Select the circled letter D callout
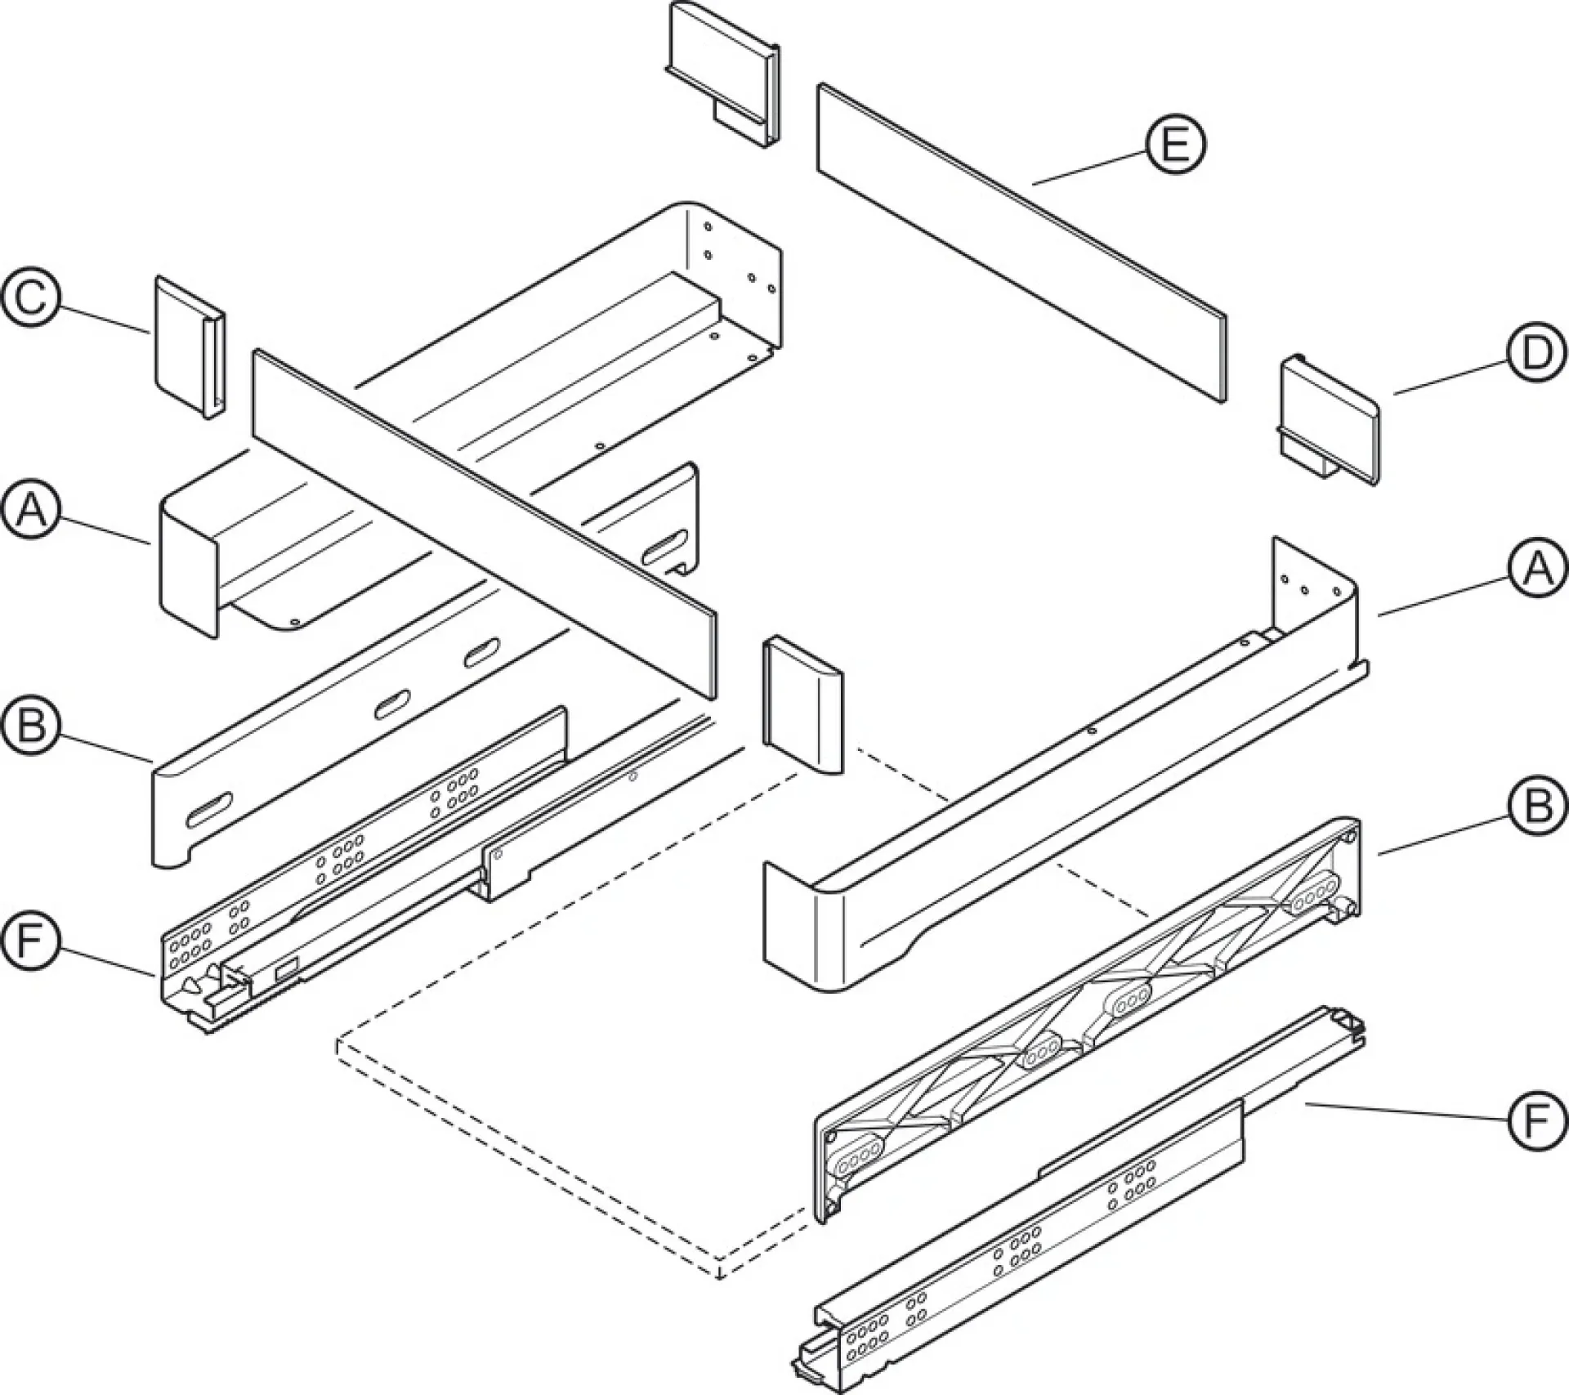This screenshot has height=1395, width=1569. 1536,354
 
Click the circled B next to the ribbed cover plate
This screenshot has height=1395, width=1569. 1536,807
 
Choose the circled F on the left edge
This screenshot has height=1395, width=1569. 32,942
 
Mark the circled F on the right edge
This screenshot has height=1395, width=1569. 1536,1120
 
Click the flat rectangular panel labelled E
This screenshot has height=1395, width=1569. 1022,243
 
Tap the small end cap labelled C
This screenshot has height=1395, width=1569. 190,347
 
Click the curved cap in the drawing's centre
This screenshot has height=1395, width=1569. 802,707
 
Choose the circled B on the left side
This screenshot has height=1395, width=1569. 32,725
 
